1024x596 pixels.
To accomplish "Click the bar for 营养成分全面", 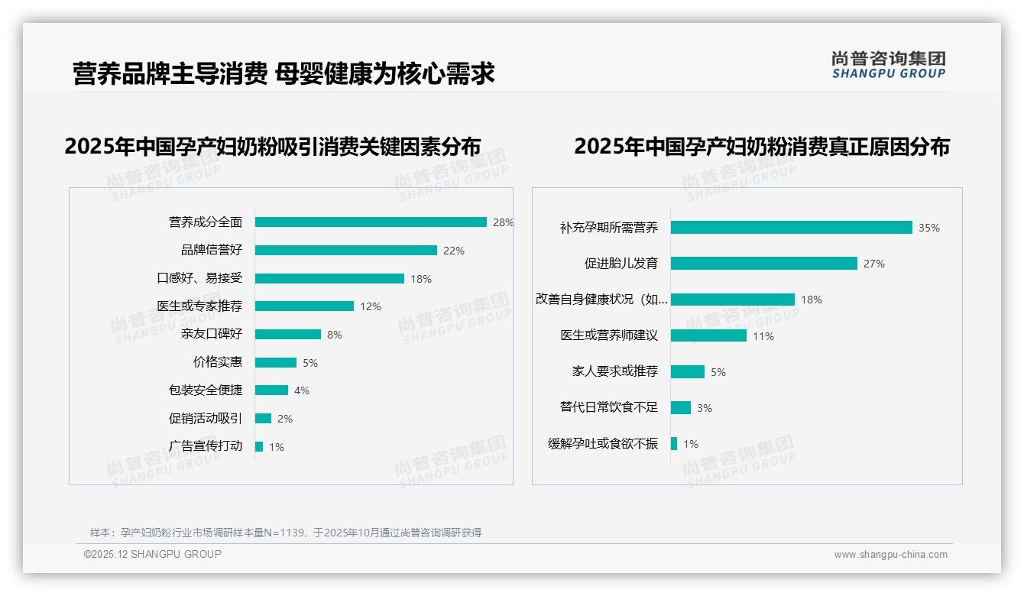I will (371, 222).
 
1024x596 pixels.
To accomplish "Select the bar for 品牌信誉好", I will (345, 251).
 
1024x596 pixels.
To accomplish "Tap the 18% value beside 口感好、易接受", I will (421, 279).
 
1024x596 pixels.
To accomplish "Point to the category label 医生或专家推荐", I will (199, 306).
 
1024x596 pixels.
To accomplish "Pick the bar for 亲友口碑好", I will (287, 335).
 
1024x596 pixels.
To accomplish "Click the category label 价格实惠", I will (217, 362).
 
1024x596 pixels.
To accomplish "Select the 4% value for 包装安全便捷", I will (302, 390).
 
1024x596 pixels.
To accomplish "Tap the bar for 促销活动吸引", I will (263, 419).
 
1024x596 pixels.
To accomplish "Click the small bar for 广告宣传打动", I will (259, 446).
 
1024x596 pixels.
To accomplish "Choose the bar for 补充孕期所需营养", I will (791, 228).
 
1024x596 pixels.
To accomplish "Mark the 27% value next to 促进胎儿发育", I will (874, 264).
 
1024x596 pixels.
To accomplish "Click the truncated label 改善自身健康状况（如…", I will (601, 300).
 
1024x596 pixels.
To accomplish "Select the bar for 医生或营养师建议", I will (708, 335).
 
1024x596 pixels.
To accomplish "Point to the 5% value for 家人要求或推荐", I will (718, 372).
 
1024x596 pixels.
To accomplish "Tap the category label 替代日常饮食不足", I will (608, 407).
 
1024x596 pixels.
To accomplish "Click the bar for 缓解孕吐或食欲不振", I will (674, 443).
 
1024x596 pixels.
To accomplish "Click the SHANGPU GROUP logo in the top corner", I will (889, 65).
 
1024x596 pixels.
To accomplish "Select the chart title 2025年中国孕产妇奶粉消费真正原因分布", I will (762, 147).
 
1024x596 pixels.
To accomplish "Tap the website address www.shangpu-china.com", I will (890, 555).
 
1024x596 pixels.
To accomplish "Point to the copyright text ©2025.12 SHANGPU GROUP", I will (153, 554).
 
